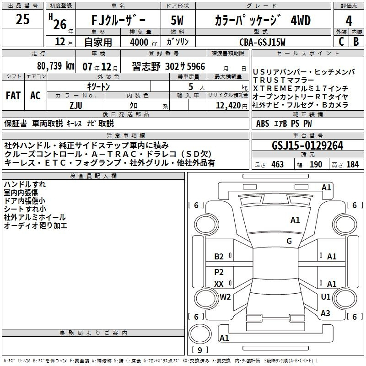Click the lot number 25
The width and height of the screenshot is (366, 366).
pyautogui.click(x=22, y=20)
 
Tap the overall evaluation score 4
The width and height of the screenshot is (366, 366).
pyautogui.click(x=349, y=21)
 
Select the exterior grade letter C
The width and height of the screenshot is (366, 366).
pyautogui.click(x=341, y=41)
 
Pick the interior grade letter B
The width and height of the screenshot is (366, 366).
pyautogui.click(x=356, y=41)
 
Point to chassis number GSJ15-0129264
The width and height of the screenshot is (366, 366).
pyautogui.click(x=307, y=145)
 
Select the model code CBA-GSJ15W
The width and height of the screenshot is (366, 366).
pyautogui.click(x=262, y=42)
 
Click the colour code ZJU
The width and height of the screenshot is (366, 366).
pyautogui.click(x=75, y=105)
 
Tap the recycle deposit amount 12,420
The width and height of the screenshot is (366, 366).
pyautogui.click(x=227, y=105)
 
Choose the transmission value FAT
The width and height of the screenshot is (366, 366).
pyautogui.click(x=13, y=96)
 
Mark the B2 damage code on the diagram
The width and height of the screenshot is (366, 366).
pyautogui.click(x=219, y=257)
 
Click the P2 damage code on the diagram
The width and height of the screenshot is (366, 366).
pyautogui.click(x=219, y=272)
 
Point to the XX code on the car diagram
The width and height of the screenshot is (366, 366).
pyautogui.click(x=219, y=284)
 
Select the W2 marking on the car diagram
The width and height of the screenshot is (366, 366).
pyautogui.click(x=225, y=296)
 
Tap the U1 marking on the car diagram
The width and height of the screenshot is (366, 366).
pyautogui.click(x=325, y=296)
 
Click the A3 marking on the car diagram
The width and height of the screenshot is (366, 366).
pyautogui.click(x=325, y=313)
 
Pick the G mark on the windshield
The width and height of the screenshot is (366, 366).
pyautogui.click(x=289, y=241)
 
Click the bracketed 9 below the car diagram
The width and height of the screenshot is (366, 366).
pyautogui.click(x=199, y=350)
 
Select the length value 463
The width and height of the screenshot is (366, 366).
pyautogui.click(x=277, y=164)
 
